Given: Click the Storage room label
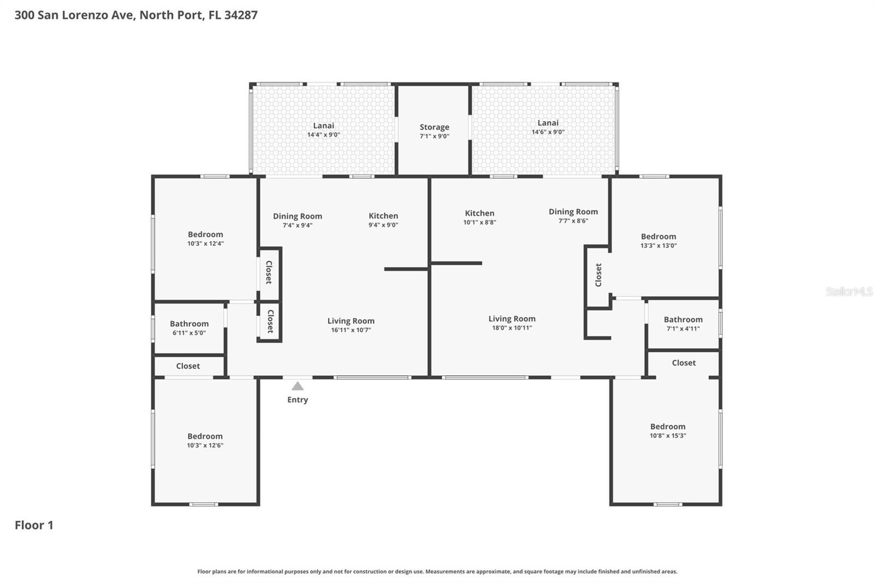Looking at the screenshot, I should (434, 127).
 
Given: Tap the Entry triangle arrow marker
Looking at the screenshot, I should (297, 386).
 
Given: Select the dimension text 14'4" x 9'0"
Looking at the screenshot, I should (323, 135).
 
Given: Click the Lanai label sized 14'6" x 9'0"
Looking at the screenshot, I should (547, 123).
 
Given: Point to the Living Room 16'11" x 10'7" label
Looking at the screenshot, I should (351, 321).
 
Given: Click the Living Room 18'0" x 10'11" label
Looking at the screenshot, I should (512, 319).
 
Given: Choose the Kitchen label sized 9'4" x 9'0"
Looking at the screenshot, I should (383, 216).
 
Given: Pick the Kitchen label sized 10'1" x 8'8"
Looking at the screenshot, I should (480, 213).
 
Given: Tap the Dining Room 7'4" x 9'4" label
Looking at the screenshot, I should (297, 217).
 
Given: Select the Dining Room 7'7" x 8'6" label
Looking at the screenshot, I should (573, 212).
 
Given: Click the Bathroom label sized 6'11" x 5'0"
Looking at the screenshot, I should (189, 324).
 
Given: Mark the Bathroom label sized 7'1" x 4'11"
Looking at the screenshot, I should (683, 319).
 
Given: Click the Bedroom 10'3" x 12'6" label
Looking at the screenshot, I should (205, 436).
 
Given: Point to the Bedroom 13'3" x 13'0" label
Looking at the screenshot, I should (658, 237).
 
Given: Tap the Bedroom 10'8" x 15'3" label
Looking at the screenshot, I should (667, 427).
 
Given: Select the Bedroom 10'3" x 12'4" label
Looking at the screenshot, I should (205, 235).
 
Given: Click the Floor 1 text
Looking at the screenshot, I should (34, 525).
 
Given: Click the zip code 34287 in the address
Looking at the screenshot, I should (241, 15).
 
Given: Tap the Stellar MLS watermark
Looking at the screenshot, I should (849, 291).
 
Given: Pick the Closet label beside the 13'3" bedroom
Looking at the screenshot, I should (598, 275).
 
